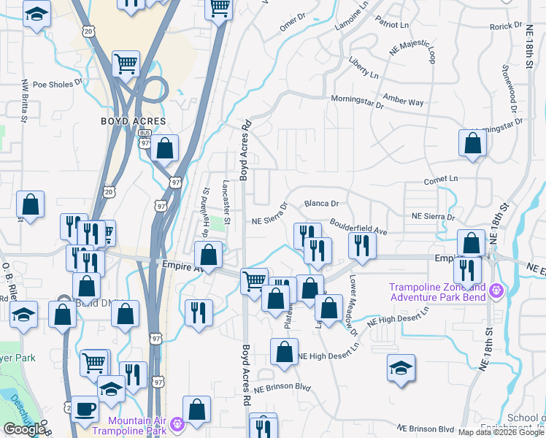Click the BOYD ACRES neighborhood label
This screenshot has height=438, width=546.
[134, 121]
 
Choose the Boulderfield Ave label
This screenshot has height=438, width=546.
[358, 226]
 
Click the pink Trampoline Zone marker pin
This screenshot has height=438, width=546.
[496, 291]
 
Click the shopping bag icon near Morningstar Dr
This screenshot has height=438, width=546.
[472, 143]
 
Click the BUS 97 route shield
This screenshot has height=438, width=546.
[145, 138]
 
